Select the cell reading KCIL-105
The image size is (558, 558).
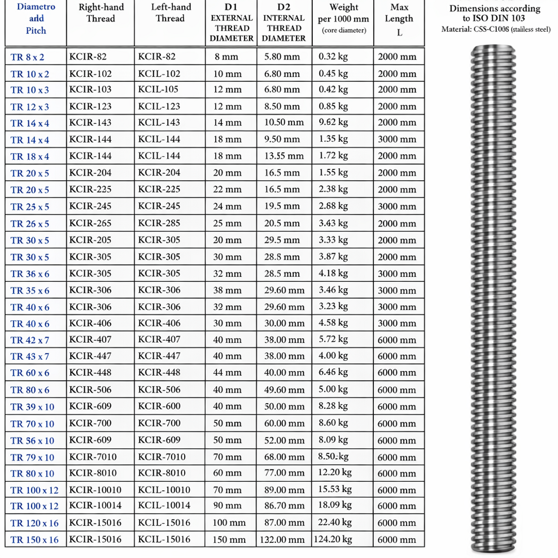pos(159,90)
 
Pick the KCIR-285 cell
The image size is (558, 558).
pos(159,223)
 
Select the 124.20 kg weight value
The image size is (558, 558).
pos(333,539)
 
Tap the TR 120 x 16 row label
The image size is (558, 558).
pos(34,523)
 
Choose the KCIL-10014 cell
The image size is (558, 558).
pos(164,506)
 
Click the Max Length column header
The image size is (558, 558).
pos(399,19)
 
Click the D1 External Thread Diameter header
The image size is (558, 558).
pos(232,23)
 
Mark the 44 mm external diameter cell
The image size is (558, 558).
pos(227,373)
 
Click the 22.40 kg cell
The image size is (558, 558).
pos(335,523)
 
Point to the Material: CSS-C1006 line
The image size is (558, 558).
pos(496,30)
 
